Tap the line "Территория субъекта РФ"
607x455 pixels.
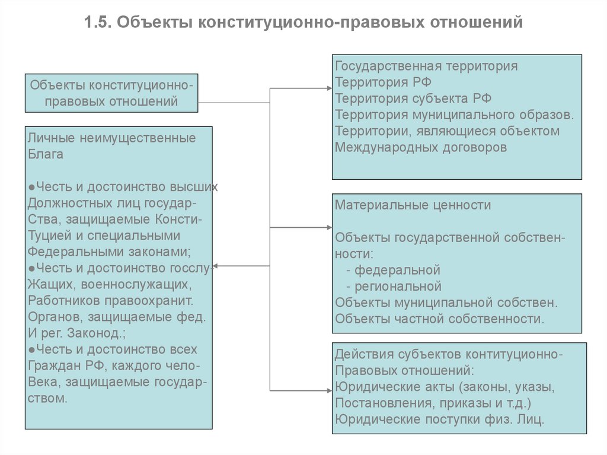[413, 98]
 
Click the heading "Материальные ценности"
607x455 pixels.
[413, 205]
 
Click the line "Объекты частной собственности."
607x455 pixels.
[439, 319]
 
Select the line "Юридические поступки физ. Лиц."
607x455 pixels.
[439, 419]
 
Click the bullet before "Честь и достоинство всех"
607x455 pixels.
[31, 349]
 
